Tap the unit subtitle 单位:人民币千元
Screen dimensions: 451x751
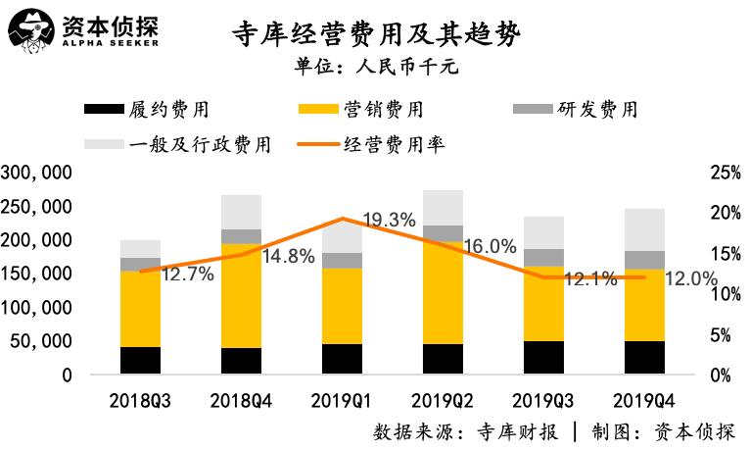point(376,69)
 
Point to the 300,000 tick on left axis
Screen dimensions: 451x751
point(38,173)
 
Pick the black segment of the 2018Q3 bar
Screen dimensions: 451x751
point(140,360)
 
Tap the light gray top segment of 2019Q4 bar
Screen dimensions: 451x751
point(645,229)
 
